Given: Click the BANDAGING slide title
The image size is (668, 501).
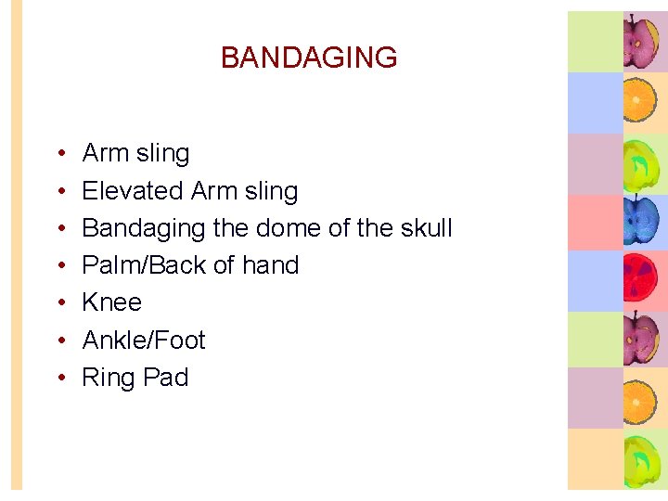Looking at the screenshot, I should coord(309,58).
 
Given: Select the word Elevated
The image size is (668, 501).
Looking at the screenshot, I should coord(133,191).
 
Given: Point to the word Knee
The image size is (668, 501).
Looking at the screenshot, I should coord(112,302).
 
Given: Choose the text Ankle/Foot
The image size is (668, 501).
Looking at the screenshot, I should coord(144,340).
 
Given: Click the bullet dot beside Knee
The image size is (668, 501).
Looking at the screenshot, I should coord(59,303).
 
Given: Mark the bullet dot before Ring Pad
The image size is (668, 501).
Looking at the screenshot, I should coord(59,379).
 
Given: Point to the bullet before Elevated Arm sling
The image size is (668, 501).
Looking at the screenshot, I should coord(59,192).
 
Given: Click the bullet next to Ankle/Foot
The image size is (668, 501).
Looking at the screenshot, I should coord(59,341).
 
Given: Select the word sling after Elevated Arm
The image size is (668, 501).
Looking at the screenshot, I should coord(270,192).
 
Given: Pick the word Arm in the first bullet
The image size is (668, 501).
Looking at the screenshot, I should coord(105,153).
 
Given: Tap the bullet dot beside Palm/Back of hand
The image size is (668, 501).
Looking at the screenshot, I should coord(59,266).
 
